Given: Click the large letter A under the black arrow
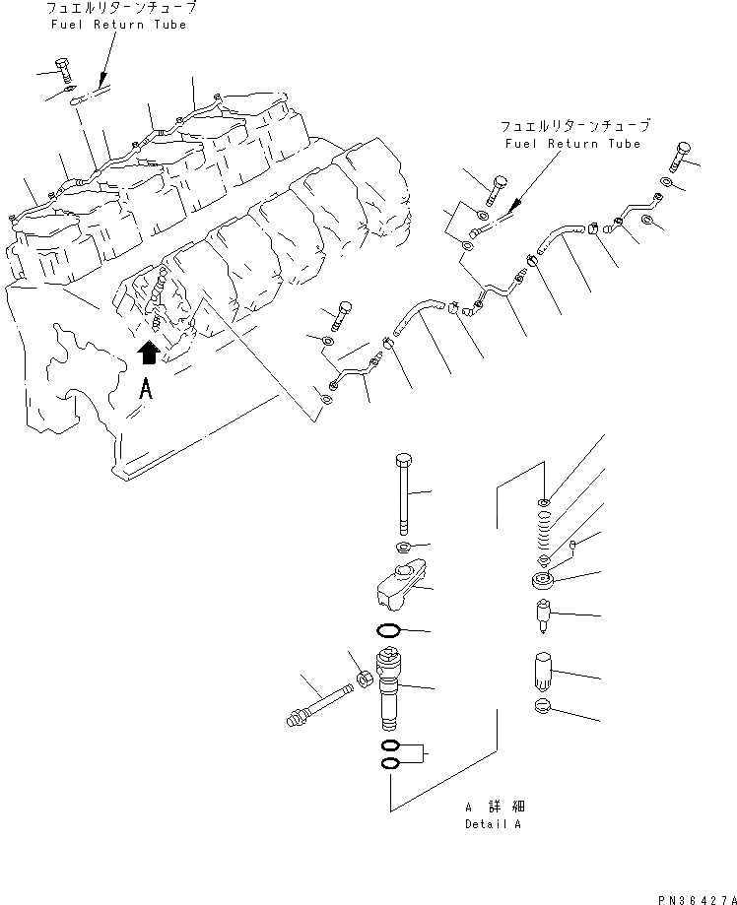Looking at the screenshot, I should pyautogui.click(x=146, y=388).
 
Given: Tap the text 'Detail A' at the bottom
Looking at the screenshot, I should pyautogui.click(x=493, y=823).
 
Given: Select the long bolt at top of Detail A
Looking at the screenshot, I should pyautogui.click(x=403, y=492).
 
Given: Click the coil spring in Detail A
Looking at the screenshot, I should pyautogui.click(x=545, y=532).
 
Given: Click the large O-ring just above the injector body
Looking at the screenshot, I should pyautogui.click(x=389, y=630).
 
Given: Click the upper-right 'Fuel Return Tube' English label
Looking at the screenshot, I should pyautogui.click(x=572, y=144).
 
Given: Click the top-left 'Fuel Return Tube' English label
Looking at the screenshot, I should pyautogui.click(x=118, y=25).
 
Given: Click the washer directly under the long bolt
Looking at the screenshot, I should pyautogui.click(x=403, y=547).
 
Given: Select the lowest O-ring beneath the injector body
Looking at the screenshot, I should pyautogui.click(x=389, y=763).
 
